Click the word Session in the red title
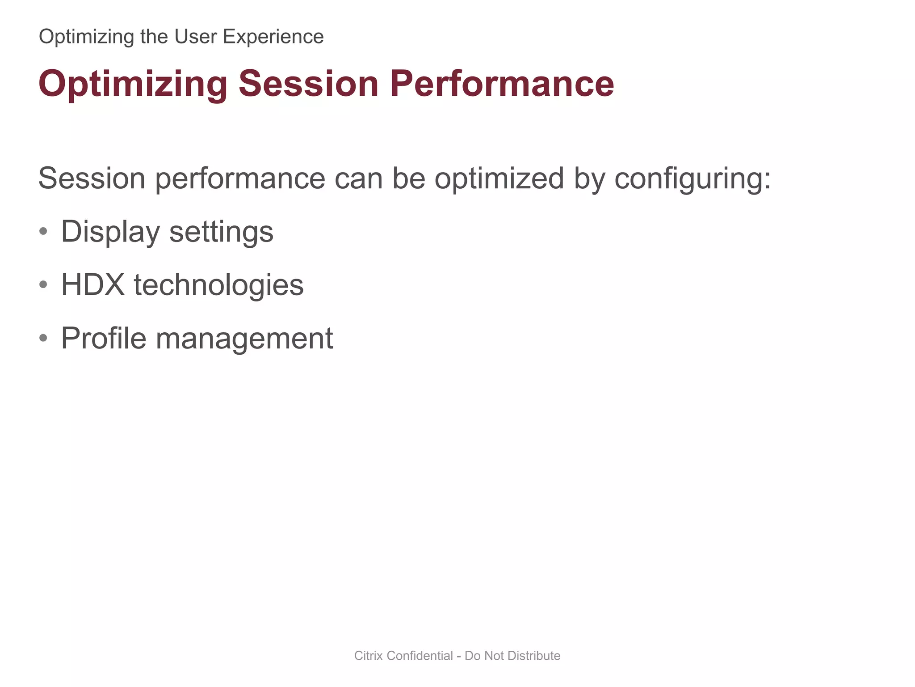(x=308, y=84)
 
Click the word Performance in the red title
(x=502, y=84)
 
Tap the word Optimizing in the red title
(x=133, y=84)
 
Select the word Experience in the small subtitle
(x=273, y=37)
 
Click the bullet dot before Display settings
(x=43, y=232)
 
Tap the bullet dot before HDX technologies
(x=43, y=284)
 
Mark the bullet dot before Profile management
(x=43, y=338)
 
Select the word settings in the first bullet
(x=221, y=232)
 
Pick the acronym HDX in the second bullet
(x=92, y=284)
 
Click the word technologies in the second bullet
(x=218, y=284)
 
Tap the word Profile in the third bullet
(x=103, y=338)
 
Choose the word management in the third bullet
(x=244, y=338)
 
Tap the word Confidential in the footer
(x=420, y=656)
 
